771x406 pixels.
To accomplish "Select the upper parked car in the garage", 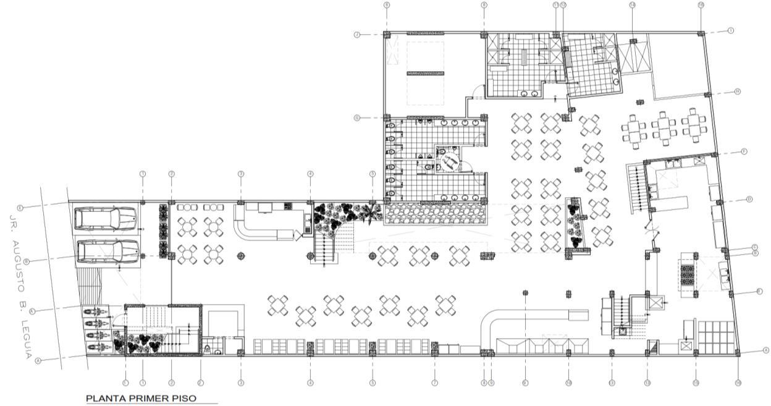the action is pyautogui.click(x=105, y=218).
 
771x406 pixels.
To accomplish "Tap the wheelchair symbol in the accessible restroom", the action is pyautogui.click(x=449, y=161).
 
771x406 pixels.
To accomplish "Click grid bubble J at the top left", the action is pyautogui.click(x=357, y=35).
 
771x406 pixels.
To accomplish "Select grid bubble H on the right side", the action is pyautogui.click(x=738, y=91).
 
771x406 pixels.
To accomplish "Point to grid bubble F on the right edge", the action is pyautogui.click(x=744, y=151).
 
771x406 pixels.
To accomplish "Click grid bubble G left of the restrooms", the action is pyautogui.click(x=357, y=117).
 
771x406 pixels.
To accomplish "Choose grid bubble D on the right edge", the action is pyautogui.click(x=749, y=199).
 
